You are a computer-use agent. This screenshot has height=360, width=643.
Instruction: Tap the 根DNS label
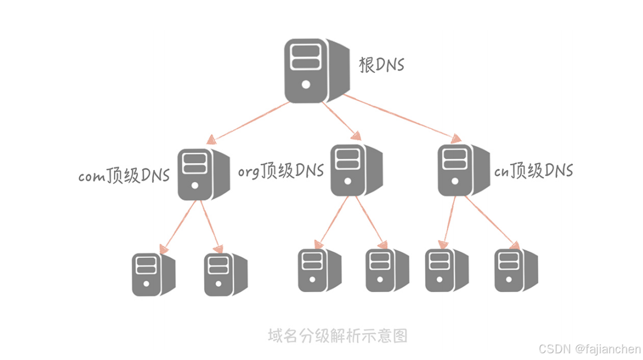pos(382,65)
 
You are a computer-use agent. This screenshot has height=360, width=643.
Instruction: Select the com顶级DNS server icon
pos(202,174)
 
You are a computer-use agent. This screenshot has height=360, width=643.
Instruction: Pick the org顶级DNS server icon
pos(355,170)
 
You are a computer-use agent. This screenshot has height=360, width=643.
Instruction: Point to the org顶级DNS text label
pos(281,171)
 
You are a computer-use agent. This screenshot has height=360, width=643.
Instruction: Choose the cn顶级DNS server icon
pos(462,170)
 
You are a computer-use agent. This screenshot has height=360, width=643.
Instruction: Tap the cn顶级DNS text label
pos(534,170)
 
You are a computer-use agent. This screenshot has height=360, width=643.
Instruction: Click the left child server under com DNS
pos(153,274)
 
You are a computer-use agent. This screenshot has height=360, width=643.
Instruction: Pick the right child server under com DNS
pos(224,274)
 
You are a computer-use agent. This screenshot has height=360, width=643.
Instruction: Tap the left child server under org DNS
pos(319,270)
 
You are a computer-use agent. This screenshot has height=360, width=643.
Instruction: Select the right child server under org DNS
pos(387,270)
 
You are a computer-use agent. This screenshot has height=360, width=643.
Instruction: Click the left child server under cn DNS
pos(446,270)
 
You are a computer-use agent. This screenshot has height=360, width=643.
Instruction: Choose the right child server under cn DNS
pos(516,270)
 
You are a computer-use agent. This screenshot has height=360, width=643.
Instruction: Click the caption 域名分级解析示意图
pos(337,335)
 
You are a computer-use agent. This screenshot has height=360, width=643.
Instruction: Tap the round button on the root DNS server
pos(306,85)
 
